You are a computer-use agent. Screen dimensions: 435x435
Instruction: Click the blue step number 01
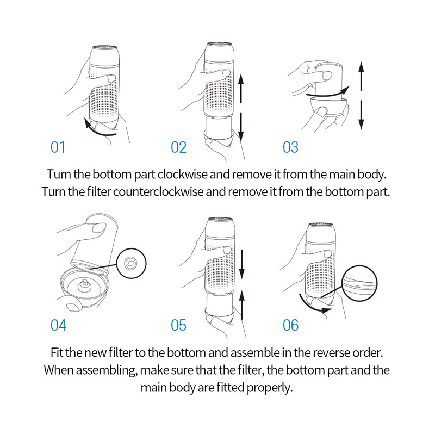coord(58,147)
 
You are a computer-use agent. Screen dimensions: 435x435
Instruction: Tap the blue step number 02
coord(179,147)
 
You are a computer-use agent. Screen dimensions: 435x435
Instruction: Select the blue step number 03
coord(290,147)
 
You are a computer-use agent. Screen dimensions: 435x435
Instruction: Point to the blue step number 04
coord(58,325)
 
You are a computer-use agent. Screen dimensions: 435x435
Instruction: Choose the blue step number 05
coord(179,325)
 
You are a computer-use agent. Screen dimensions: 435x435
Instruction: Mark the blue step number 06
coord(290,325)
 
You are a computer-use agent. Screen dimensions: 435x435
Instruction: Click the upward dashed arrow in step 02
coord(241,88)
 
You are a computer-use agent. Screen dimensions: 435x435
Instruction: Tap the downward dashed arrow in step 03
coord(361,115)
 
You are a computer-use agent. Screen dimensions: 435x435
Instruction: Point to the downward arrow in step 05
coord(242,264)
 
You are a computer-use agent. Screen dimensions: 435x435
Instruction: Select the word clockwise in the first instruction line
coord(182,175)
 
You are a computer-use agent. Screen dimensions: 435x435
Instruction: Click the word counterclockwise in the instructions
coord(158,192)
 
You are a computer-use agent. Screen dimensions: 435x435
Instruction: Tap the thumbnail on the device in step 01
coord(111,78)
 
